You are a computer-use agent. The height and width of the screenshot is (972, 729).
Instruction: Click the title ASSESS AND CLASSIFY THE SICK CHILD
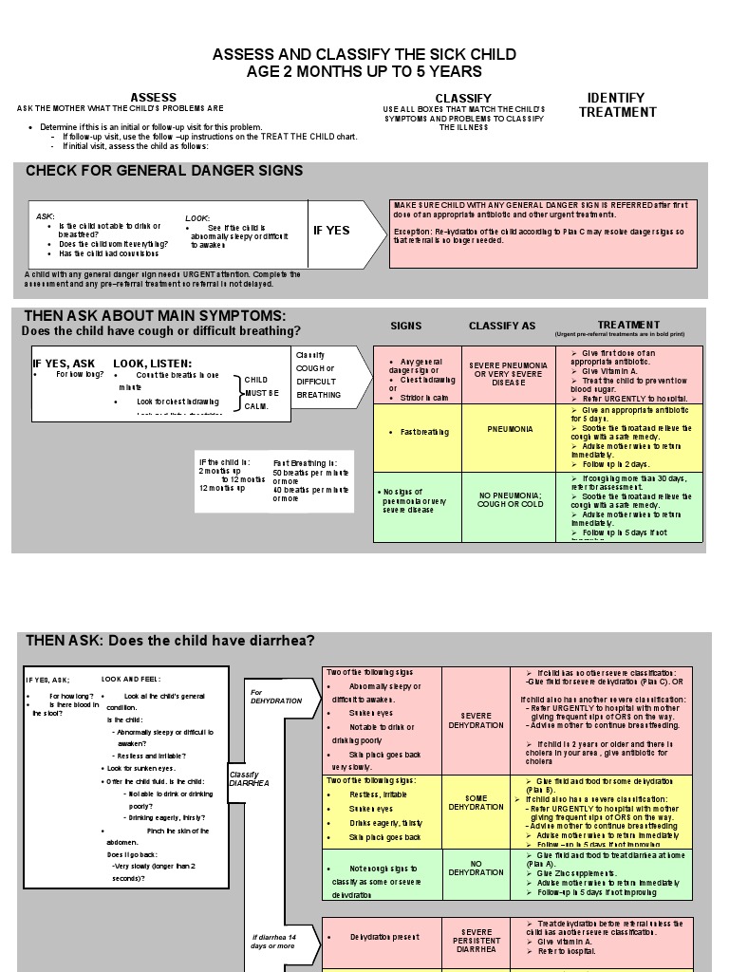[364, 54]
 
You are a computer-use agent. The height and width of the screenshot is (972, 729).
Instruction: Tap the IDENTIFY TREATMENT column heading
[617, 104]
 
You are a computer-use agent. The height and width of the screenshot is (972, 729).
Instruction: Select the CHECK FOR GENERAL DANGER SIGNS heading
[164, 171]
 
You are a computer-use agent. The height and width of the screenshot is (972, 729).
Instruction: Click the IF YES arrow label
[331, 231]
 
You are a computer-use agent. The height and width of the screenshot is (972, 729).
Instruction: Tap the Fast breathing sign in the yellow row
[413, 432]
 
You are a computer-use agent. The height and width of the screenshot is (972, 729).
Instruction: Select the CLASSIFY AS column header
[502, 326]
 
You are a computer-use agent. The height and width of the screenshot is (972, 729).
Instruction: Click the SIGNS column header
[406, 326]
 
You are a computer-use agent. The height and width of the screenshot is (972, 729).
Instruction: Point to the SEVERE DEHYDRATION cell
[477, 720]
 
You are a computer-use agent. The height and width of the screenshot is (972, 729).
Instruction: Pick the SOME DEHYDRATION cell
[477, 801]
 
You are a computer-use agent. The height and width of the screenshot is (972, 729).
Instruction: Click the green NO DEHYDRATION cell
[477, 867]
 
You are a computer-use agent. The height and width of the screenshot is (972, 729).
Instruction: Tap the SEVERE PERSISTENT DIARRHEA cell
[477, 940]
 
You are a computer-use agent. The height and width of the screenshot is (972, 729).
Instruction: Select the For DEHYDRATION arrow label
[275, 697]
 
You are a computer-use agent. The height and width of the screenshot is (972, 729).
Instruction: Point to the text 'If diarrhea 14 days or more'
[273, 942]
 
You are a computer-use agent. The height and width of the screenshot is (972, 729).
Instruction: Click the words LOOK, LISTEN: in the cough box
[153, 364]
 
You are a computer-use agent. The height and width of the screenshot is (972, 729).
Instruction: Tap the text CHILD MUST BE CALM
[261, 393]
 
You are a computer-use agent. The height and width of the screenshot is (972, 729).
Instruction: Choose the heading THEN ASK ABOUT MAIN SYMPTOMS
[155, 316]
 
